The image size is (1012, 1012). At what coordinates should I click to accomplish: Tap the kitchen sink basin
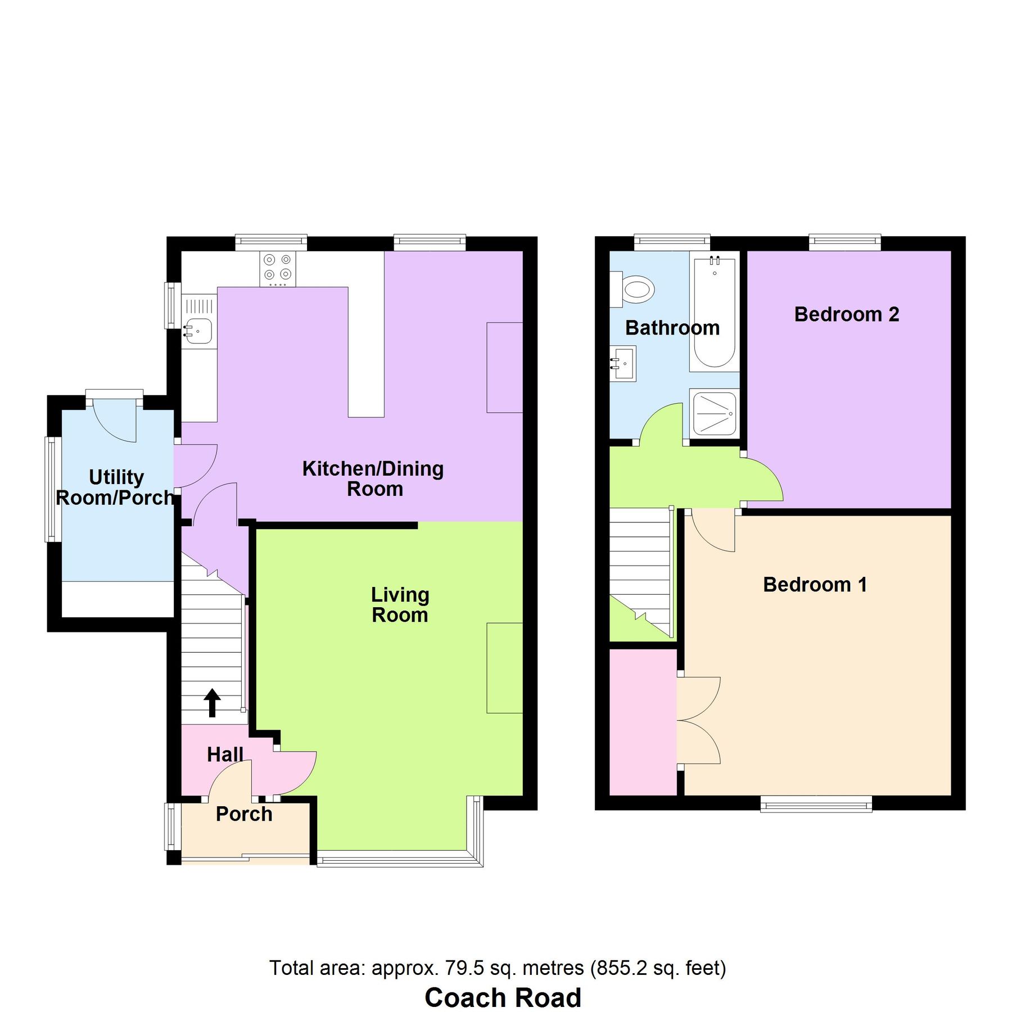198,331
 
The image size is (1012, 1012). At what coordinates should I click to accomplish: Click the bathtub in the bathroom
715,312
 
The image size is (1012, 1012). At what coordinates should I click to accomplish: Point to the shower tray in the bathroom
715,414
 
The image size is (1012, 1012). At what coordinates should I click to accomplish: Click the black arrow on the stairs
212,703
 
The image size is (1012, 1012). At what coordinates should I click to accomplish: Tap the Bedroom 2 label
846,314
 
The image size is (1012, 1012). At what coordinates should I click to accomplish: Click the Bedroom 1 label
815,585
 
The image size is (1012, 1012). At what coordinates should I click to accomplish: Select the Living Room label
400,605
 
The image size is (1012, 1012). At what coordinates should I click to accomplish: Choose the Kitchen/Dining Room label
373,478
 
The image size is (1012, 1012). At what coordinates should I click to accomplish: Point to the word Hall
225,755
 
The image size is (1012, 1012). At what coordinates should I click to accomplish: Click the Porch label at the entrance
244,814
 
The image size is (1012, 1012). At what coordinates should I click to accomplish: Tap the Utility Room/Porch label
115,487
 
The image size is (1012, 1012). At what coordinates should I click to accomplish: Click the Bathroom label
672,328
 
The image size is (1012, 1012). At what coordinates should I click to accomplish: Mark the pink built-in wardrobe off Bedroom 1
643,722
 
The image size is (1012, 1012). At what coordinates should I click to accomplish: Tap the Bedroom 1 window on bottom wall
816,804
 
